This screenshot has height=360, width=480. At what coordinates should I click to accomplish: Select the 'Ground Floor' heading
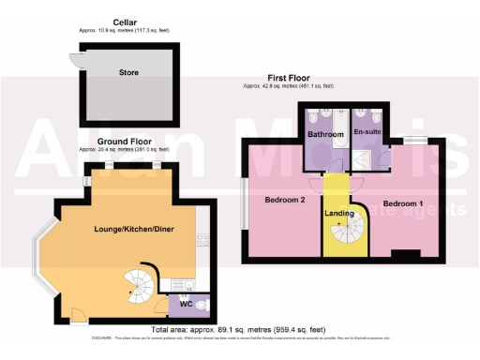coord(124,142)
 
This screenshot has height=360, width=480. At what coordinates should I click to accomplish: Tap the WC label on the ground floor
coord(186,303)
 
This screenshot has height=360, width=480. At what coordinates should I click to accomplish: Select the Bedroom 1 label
coord(402,203)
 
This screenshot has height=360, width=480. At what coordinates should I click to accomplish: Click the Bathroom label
coord(323,133)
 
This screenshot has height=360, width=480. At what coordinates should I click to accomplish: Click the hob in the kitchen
coord(201,243)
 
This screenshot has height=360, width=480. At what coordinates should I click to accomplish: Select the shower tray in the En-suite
coord(381,159)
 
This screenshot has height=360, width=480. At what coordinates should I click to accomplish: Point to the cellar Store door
coord(74,60)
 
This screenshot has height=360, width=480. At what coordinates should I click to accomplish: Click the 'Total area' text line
coord(240,329)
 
